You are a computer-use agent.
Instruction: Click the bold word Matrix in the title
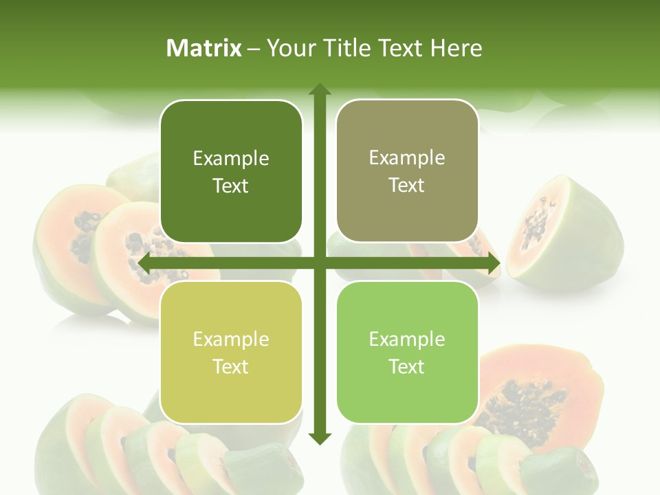pos(204,48)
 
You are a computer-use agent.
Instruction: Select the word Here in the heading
pos(456,48)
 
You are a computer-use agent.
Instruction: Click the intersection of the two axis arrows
pos(319,263)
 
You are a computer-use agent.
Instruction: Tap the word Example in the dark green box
pos(231,159)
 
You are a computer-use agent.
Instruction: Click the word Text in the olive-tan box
pos(407,186)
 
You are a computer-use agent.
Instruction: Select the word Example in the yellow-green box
pos(231,339)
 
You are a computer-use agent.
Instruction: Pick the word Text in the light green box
pos(407,366)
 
